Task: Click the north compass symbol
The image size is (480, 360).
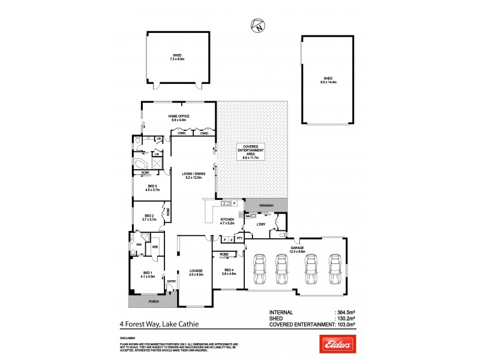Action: pyautogui.click(x=257, y=26)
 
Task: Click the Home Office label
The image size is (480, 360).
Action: pyautogui.click(x=179, y=118)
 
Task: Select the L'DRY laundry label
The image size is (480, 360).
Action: pyautogui.click(x=261, y=226)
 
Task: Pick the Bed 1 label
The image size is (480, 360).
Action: pyautogui.click(x=148, y=274)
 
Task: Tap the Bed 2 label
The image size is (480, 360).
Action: pyautogui.click(x=149, y=218)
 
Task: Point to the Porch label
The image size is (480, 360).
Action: pyautogui.click(x=146, y=302)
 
